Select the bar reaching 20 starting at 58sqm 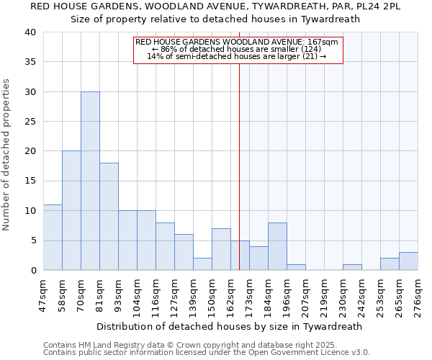(71, 210)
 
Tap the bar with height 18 (109, 216)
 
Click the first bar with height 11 (53, 237)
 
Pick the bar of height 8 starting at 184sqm (277, 246)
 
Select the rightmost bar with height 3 (408, 261)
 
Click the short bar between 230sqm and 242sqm (352, 267)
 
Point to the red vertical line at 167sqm (239, 166)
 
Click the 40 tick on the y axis (30, 32)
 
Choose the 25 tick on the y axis (30, 122)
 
